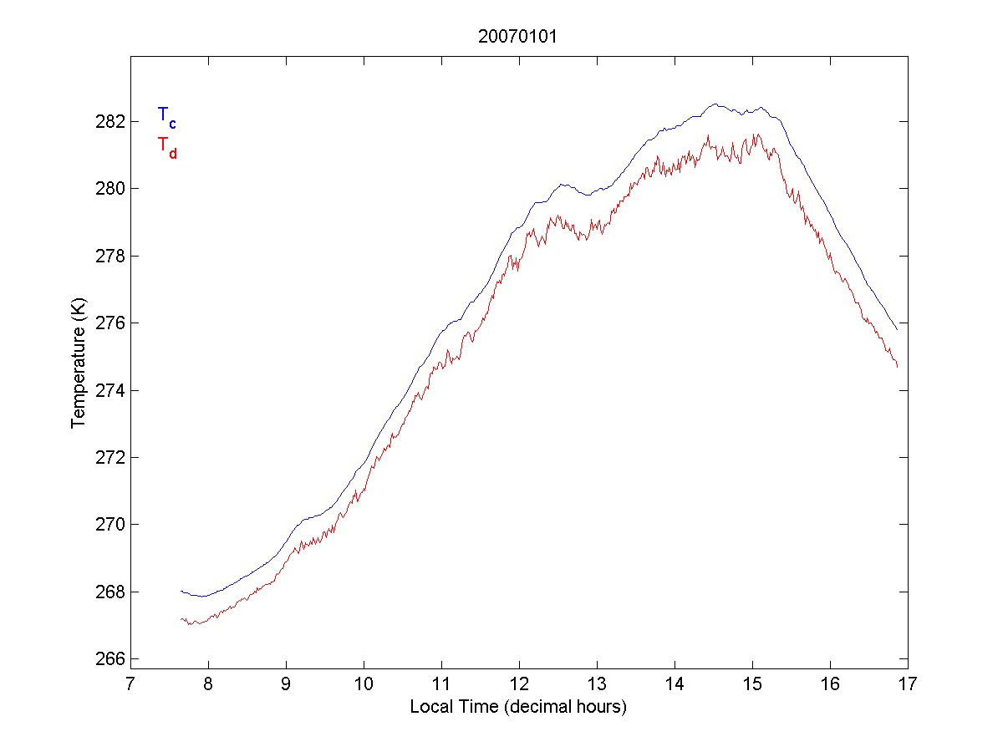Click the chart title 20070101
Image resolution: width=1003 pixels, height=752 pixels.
[x=518, y=37]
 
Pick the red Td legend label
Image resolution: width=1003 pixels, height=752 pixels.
[x=166, y=146]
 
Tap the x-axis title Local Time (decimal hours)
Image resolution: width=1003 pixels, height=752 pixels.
[x=518, y=707]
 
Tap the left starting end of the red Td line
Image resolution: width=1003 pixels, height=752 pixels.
[x=181, y=619]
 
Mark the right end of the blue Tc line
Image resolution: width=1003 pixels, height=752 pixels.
[x=898, y=330]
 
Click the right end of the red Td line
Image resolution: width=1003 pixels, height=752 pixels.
[x=898, y=367]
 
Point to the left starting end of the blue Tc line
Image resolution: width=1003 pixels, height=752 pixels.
[x=181, y=591]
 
